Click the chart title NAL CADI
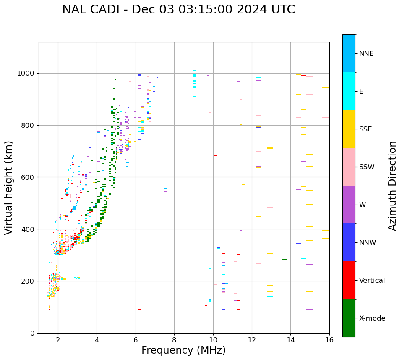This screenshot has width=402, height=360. click(x=178, y=10)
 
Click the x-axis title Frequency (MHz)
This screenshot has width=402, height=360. click(x=183, y=350)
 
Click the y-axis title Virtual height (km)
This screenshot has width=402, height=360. click(x=9, y=188)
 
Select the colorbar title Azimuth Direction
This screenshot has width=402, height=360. click(x=392, y=186)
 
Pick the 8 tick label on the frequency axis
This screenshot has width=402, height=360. click(x=174, y=340)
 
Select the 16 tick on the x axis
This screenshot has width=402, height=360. click(x=329, y=340)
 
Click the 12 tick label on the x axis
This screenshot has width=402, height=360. click(x=252, y=340)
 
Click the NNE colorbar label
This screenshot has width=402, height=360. click(x=366, y=54)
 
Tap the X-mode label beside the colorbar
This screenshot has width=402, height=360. click(x=372, y=318)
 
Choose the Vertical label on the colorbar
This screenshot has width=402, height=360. click(x=372, y=281)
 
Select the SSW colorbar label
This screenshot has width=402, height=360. click(x=367, y=167)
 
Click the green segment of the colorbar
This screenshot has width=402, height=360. click(x=349, y=318)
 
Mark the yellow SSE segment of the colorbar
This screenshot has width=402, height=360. click(x=349, y=129)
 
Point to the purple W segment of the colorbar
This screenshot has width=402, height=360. click(x=349, y=205)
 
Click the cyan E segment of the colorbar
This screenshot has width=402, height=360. click(x=349, y=91)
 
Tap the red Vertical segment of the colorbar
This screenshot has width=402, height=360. click(x=349, y=280)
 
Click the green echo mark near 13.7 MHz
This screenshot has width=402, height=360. click(x=285, y=260)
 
